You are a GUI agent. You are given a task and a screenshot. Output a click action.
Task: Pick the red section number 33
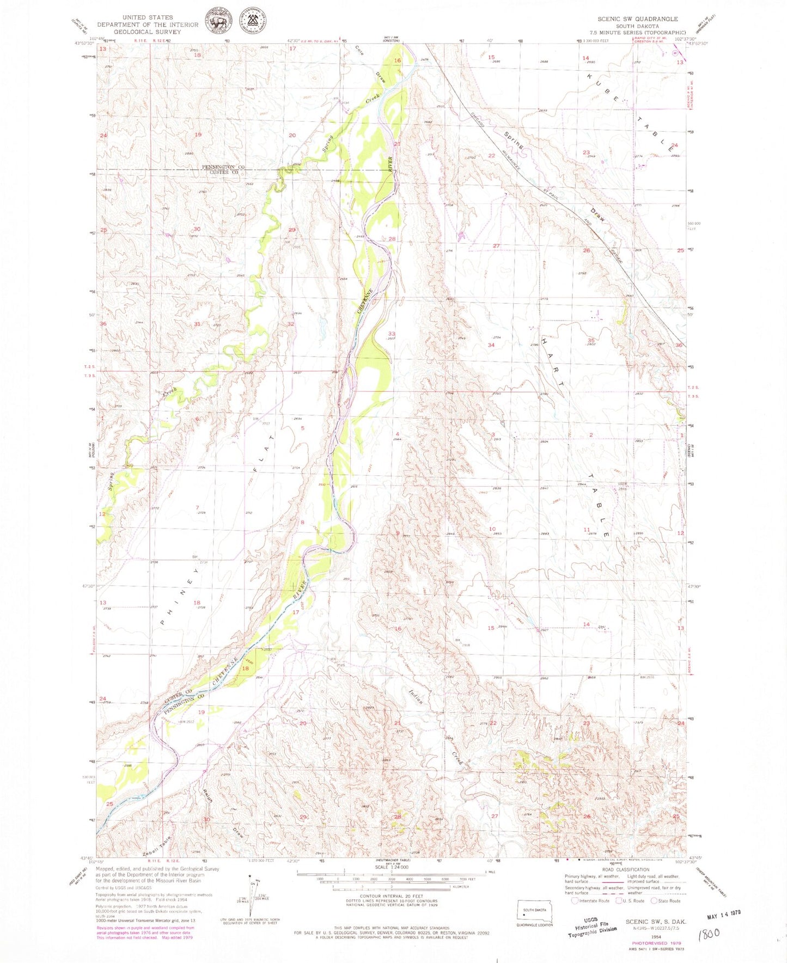391,334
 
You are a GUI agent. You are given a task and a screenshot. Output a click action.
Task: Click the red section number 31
197,324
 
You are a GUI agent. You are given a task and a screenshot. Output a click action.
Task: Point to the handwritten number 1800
708,933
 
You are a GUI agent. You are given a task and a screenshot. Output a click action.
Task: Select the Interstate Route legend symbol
574,900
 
